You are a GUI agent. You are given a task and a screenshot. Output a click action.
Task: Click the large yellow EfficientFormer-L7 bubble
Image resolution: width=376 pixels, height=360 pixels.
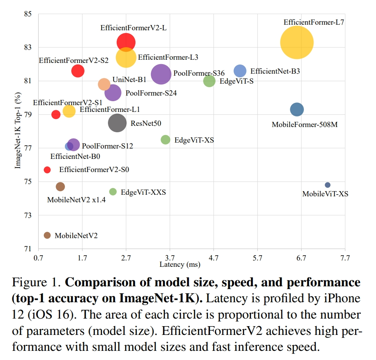pyautogui.click(x=297, y=42)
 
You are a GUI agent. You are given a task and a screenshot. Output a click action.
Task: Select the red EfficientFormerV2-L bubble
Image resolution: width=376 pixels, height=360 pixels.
pyautogui.click(x=126, y=42)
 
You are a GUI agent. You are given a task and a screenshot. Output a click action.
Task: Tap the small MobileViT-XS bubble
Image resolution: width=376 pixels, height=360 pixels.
pyautogui.click(x=327, y=185)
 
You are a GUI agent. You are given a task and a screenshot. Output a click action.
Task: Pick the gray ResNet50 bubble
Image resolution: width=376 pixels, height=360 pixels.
pyautogui.click(x=117, y=123)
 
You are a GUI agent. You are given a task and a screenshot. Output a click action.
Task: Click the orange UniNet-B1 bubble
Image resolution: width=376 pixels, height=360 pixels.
pyautogui.click(x=104, y=84)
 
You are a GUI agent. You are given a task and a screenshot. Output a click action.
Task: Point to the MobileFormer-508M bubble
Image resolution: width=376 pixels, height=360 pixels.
pyautogui.click(x=297, y=110)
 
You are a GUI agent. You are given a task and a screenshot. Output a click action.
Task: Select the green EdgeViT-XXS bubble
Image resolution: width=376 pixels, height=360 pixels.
pyautogui.click(x=113, y=192)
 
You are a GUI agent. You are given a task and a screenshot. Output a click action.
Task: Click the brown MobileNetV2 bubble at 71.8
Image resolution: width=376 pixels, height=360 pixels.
pyautogui.click(x=47, y=235)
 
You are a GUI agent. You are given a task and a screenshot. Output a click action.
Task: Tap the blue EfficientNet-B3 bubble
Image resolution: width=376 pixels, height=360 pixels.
pyautogui.click(x=240, y=71)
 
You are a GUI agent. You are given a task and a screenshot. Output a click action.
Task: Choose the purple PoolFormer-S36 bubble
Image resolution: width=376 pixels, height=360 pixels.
pyautogui.click(x=161, y=74)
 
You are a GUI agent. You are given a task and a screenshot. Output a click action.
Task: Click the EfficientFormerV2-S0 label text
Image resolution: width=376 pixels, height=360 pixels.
pyautogui.click(x=94, y=170)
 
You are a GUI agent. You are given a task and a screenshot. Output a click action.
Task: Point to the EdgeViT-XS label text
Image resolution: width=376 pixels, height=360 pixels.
pyautogui.click(x=194, y=140)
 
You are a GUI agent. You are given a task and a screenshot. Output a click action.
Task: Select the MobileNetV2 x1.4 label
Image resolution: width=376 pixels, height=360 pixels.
pyautogui.click(x=76, y=200)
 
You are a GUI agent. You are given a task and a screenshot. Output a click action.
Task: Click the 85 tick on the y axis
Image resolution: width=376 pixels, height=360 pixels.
pyautogui.click(x=28, y=14)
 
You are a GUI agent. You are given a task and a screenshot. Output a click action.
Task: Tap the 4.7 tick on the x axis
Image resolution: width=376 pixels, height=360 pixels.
pyautogui.click(x=213, y=258)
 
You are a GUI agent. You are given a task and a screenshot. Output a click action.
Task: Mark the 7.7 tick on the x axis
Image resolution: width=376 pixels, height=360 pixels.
pyautogui.click(x=345, y=258)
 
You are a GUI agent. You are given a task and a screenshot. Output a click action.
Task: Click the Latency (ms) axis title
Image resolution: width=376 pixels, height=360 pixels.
pyautogui.click(x=180, y=264)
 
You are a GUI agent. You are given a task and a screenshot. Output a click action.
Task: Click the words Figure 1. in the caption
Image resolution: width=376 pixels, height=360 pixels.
pyautogui.click(x=36, y=283)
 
